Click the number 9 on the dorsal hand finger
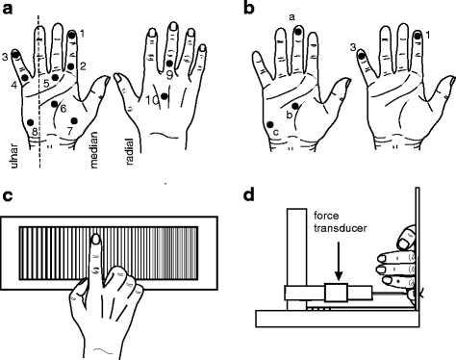(168, 74)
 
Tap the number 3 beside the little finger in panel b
(353, 46)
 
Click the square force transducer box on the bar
(334, 293)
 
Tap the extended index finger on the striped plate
(95, 255)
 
